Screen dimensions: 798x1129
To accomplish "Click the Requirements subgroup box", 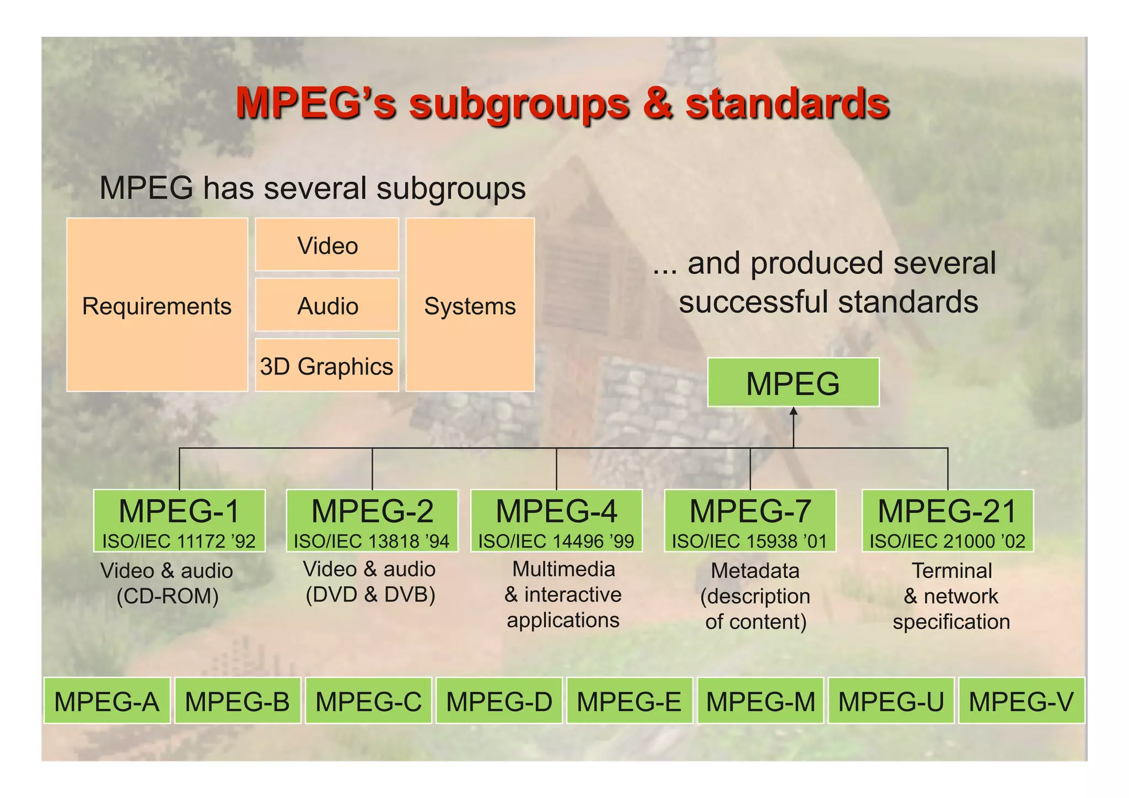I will (157, 305).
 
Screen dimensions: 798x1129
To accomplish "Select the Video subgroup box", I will (327, 245).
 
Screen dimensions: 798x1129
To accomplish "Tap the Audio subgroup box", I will (327, 305).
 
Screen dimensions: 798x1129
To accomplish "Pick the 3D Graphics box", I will (327, 366).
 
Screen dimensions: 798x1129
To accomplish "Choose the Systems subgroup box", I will (470, 305).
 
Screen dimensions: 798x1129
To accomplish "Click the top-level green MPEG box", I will (793, 383).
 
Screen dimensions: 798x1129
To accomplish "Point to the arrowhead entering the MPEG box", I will (793, 411).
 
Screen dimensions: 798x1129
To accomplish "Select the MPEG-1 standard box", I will (179, 520).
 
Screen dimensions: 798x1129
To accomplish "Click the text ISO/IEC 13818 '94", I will (372, 541).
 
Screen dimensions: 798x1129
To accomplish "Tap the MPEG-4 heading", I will (556, 511).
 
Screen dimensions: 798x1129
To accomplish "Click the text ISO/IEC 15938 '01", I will (750, 541).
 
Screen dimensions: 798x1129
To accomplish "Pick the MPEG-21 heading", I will (947, 511).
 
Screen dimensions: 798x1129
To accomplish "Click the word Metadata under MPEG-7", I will (755, 570).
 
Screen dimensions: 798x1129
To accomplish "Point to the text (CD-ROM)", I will (168, 596).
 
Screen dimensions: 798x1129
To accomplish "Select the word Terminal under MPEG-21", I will (951, 570).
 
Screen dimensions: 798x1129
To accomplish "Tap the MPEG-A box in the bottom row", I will (107, 701).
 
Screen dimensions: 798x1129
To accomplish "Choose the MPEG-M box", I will (760, 701).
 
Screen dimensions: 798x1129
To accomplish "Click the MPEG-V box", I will (1022, 701).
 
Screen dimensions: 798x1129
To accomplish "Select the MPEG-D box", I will (499, 701).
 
